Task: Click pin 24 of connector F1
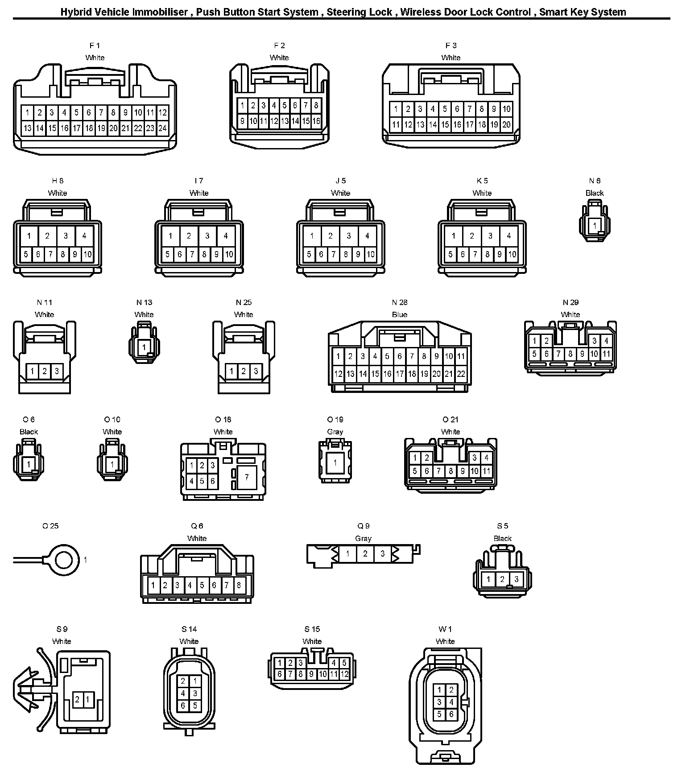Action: pos(162,128)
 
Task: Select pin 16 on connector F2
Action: pos(316,121)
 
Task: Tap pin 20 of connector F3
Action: pos(506,125)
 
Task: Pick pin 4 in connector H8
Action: pos(84,236)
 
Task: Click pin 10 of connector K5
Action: pos(512,255)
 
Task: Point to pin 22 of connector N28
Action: pos(461,374)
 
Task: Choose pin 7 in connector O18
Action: pos(247,477)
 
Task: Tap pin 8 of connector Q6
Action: pos(239,585)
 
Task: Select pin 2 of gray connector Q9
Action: pos(365,554)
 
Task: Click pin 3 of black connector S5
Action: pos(516,579)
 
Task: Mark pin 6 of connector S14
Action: pos(183,706)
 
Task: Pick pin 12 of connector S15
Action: pos(344,674)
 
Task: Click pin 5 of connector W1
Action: pos(439,714)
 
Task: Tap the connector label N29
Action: pos(571,302)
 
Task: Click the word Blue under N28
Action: pos(400,314)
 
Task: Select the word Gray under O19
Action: pos(335,432)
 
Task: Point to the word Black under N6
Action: pos(595,193)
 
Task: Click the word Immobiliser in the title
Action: pos(160,12)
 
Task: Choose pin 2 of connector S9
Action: pos(77,699)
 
